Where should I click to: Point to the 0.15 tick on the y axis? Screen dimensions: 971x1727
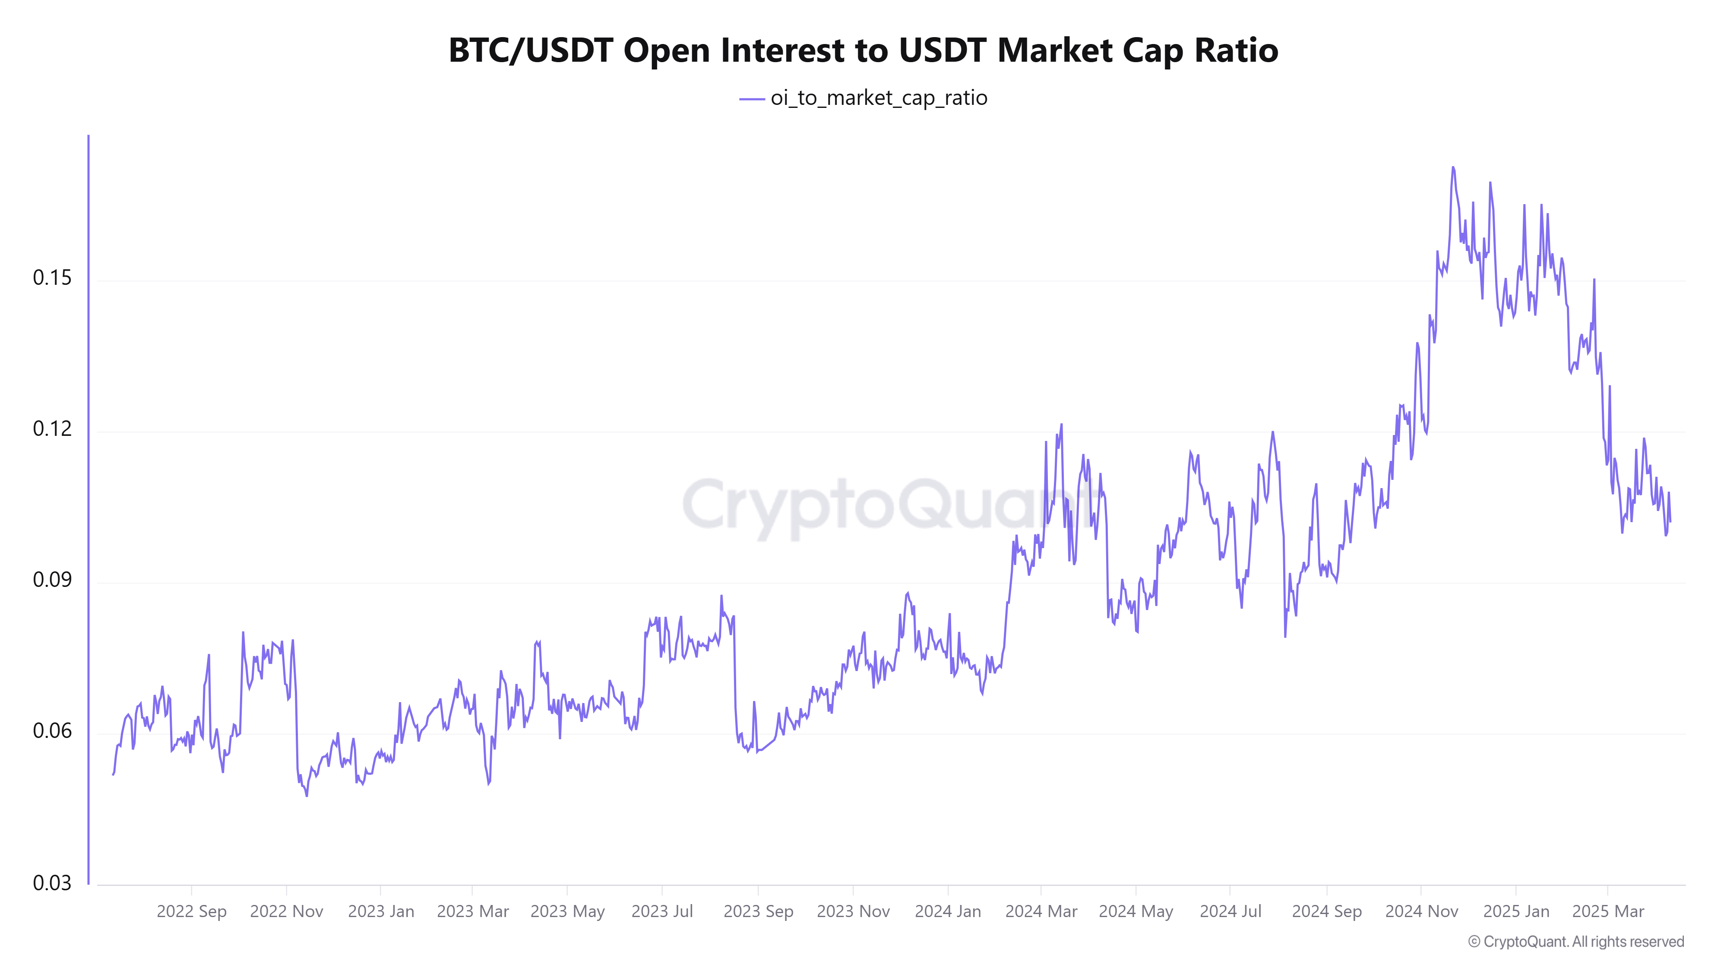(52, 278)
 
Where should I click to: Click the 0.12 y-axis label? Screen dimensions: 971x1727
(52, 429)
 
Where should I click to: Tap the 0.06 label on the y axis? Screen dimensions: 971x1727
(52, 731)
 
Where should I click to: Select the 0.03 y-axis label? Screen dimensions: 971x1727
(52, 883)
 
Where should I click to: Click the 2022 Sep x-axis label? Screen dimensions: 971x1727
(192, 911)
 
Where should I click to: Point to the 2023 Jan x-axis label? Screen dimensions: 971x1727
(381, 911)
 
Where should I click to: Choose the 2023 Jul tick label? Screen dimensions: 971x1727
(662, 911)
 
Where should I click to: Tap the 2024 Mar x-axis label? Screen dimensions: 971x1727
(1041, 911)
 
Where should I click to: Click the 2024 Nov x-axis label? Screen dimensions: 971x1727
(1421, 911)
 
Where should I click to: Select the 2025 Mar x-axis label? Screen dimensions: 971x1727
(1608, 911)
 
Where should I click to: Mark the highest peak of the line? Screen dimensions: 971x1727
(1453, 167)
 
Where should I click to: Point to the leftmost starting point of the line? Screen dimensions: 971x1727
(113, 775)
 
